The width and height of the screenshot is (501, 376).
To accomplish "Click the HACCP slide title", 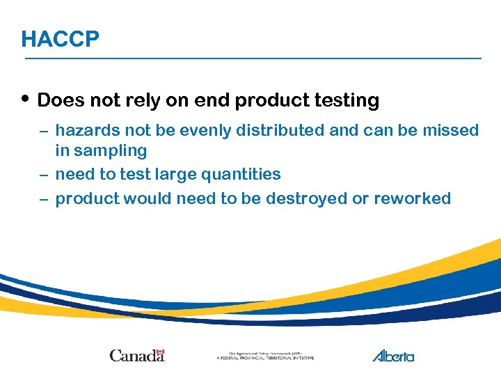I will point(60,39).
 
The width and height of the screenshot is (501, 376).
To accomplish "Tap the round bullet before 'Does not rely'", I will point(26,99).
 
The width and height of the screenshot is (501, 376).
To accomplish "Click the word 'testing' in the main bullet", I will point(347,101).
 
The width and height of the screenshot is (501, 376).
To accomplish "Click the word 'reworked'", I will point(412,198).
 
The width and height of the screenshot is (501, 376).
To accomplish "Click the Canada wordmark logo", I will point(136,355).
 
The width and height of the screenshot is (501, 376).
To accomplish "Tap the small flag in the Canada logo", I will point(160,352).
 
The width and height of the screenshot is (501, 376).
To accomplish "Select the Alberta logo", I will point(393,355).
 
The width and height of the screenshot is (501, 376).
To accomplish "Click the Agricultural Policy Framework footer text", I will point(265,356).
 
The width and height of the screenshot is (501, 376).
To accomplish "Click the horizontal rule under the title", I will point(253,58).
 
